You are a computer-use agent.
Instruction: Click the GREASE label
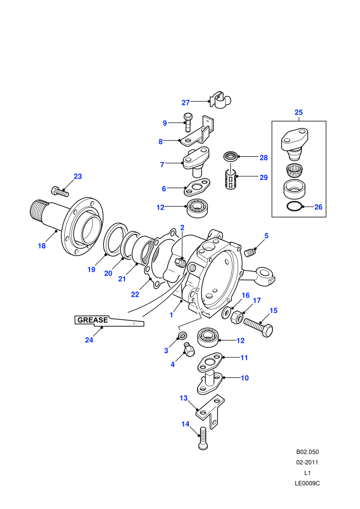pyautogui.click(x=93, y=320)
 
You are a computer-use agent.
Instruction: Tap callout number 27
pyautogui.click(x=185, y=103)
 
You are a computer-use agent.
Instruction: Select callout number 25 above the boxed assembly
pyautogui.click(x=299, y=112)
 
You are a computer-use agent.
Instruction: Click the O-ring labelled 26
pyautogui.click(x=295, y=207)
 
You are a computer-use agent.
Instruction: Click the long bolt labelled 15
pyautogui.click(x=258, y=328)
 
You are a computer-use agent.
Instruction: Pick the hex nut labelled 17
pyautogui.click(x=237, y=317)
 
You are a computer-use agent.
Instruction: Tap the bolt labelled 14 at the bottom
pyautogui.click(x=203, y=438)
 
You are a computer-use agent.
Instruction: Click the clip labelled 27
pyautogui.click(x=221, y=100)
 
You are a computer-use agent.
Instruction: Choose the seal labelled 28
pyautogui.click(x=231, y=156)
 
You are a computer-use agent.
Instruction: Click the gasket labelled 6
pyautogui.click(x=197, y=187)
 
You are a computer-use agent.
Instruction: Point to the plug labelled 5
pyautogui.click(x=250, y=252)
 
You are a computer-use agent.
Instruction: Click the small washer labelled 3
pyautogui.click(x=183, y=335)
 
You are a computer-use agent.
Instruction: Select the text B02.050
pyautogui.click(x=308, y=452)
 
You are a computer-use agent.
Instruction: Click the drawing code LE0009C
pyautogui.click(x=308, y=483)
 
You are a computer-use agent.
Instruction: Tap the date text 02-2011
pyautogui.click(x=308, y=462)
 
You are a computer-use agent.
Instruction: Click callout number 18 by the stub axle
pyautogui.click(x=42, y=246)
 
